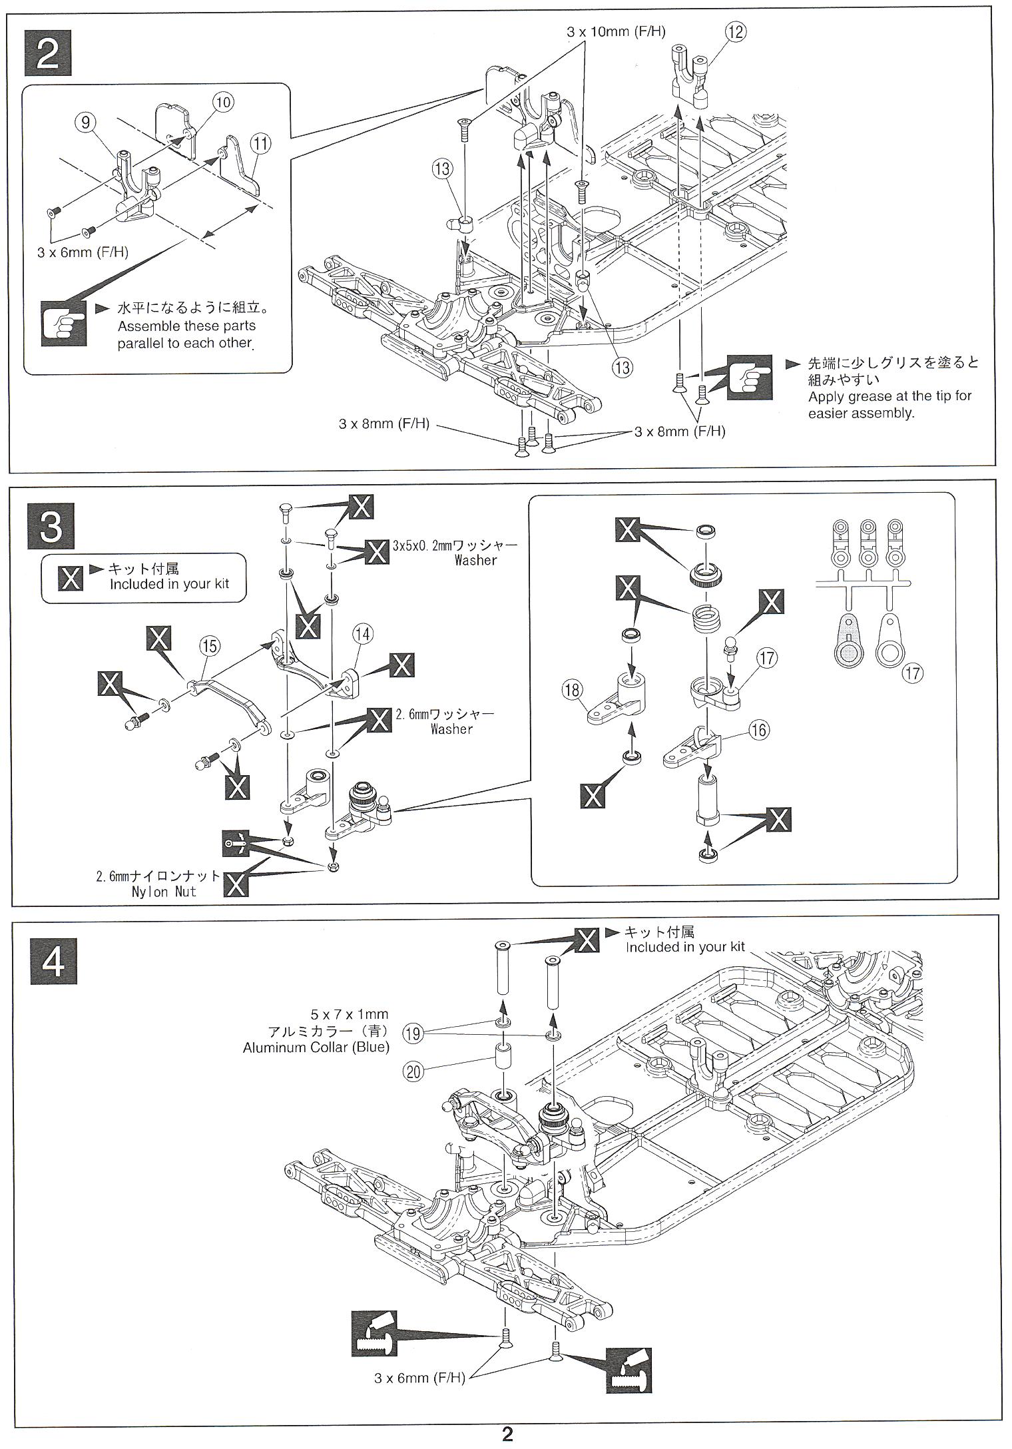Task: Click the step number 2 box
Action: click(48, 53)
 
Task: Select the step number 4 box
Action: click(53, 961)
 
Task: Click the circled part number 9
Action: click(85, 122)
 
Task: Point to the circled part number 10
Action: click(223, 101)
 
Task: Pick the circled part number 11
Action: click(260, 143)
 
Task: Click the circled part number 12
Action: click(736, 31)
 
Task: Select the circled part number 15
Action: click(209, 645)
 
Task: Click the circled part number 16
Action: click(759, 730)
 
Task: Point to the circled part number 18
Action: click(572, 690)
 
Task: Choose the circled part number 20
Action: click(413, 1071)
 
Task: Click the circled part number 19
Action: click(413, 1033)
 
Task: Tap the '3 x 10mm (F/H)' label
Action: click(616, 31)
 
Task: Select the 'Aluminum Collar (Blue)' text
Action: click(316, 1047)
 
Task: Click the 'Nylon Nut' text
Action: click(164, 892)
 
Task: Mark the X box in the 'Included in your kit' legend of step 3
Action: click(71, 578)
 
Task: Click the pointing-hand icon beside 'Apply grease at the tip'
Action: click(750, 378)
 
